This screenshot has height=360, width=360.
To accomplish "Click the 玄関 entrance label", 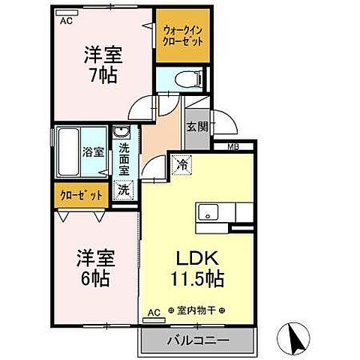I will coord(196,126).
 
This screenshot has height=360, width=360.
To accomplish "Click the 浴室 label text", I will coord(92,150).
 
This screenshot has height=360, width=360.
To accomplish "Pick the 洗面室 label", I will coord(123,159).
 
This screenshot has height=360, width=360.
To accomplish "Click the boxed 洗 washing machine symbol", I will coord(123,190).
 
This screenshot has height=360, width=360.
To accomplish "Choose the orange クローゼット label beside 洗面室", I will coord(81,195).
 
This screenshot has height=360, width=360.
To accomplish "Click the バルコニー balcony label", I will coord(197,340).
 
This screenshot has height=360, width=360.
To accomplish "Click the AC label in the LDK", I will coord(154,310).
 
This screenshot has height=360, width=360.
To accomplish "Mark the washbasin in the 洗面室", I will coord(120,136).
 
